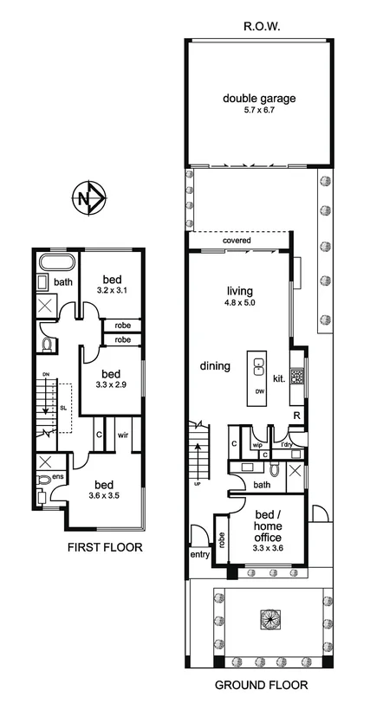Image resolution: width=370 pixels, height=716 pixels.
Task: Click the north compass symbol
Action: pos(89,199)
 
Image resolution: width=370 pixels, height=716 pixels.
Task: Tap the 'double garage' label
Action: pos(259,99)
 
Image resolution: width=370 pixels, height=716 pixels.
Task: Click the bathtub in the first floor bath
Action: pos(57,262)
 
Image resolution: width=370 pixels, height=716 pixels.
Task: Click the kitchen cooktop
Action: pos(297,375)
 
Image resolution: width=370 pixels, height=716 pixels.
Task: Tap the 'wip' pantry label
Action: pos(256,446)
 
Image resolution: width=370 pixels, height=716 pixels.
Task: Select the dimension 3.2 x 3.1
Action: pos(112,290)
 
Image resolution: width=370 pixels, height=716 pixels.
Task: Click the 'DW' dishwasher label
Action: pos(259,392)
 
